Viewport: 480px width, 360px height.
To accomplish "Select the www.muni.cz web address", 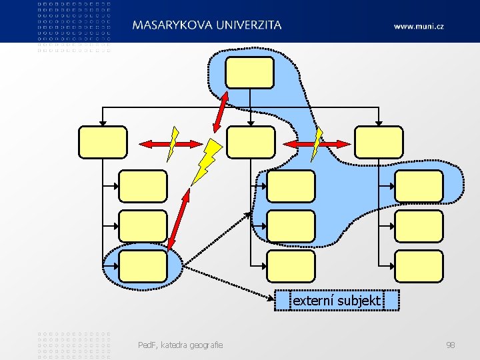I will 419,26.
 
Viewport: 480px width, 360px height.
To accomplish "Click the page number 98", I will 451,345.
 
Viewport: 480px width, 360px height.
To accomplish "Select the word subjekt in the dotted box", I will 359,301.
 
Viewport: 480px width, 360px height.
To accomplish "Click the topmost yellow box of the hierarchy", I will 250,72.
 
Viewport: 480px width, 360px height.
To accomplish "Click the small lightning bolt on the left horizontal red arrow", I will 173,143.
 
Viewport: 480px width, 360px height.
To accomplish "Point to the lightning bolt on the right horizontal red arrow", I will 317,143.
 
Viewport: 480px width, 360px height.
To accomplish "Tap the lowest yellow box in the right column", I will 419,266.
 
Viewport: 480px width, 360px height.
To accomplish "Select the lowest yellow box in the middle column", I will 290,266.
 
